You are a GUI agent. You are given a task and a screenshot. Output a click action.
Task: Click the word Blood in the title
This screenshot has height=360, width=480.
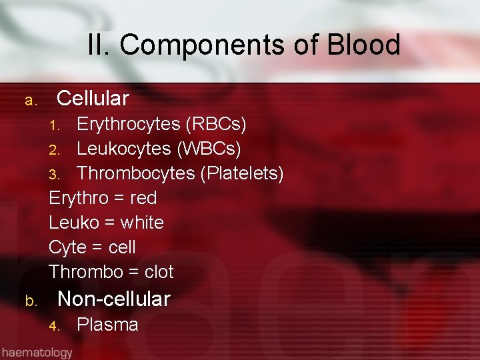[x=364, y=45]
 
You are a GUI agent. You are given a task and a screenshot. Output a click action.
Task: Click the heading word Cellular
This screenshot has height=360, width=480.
[x=93, y=99]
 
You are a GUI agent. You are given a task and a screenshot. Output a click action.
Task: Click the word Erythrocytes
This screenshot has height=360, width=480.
[x=129, y=124]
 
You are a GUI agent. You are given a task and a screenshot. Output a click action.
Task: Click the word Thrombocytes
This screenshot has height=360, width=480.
[x=136, y=173]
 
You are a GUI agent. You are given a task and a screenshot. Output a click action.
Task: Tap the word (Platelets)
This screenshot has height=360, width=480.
[x=242, y=173]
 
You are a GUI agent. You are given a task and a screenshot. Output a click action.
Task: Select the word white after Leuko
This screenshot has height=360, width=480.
[x=141, y=223]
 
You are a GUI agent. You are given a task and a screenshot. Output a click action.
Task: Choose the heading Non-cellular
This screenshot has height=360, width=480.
[x=114, y=299]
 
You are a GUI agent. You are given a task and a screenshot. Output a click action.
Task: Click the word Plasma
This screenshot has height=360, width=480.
[x=107, y=325]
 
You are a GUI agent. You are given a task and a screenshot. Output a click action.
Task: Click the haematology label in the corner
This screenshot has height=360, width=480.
[x=37, y=351]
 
